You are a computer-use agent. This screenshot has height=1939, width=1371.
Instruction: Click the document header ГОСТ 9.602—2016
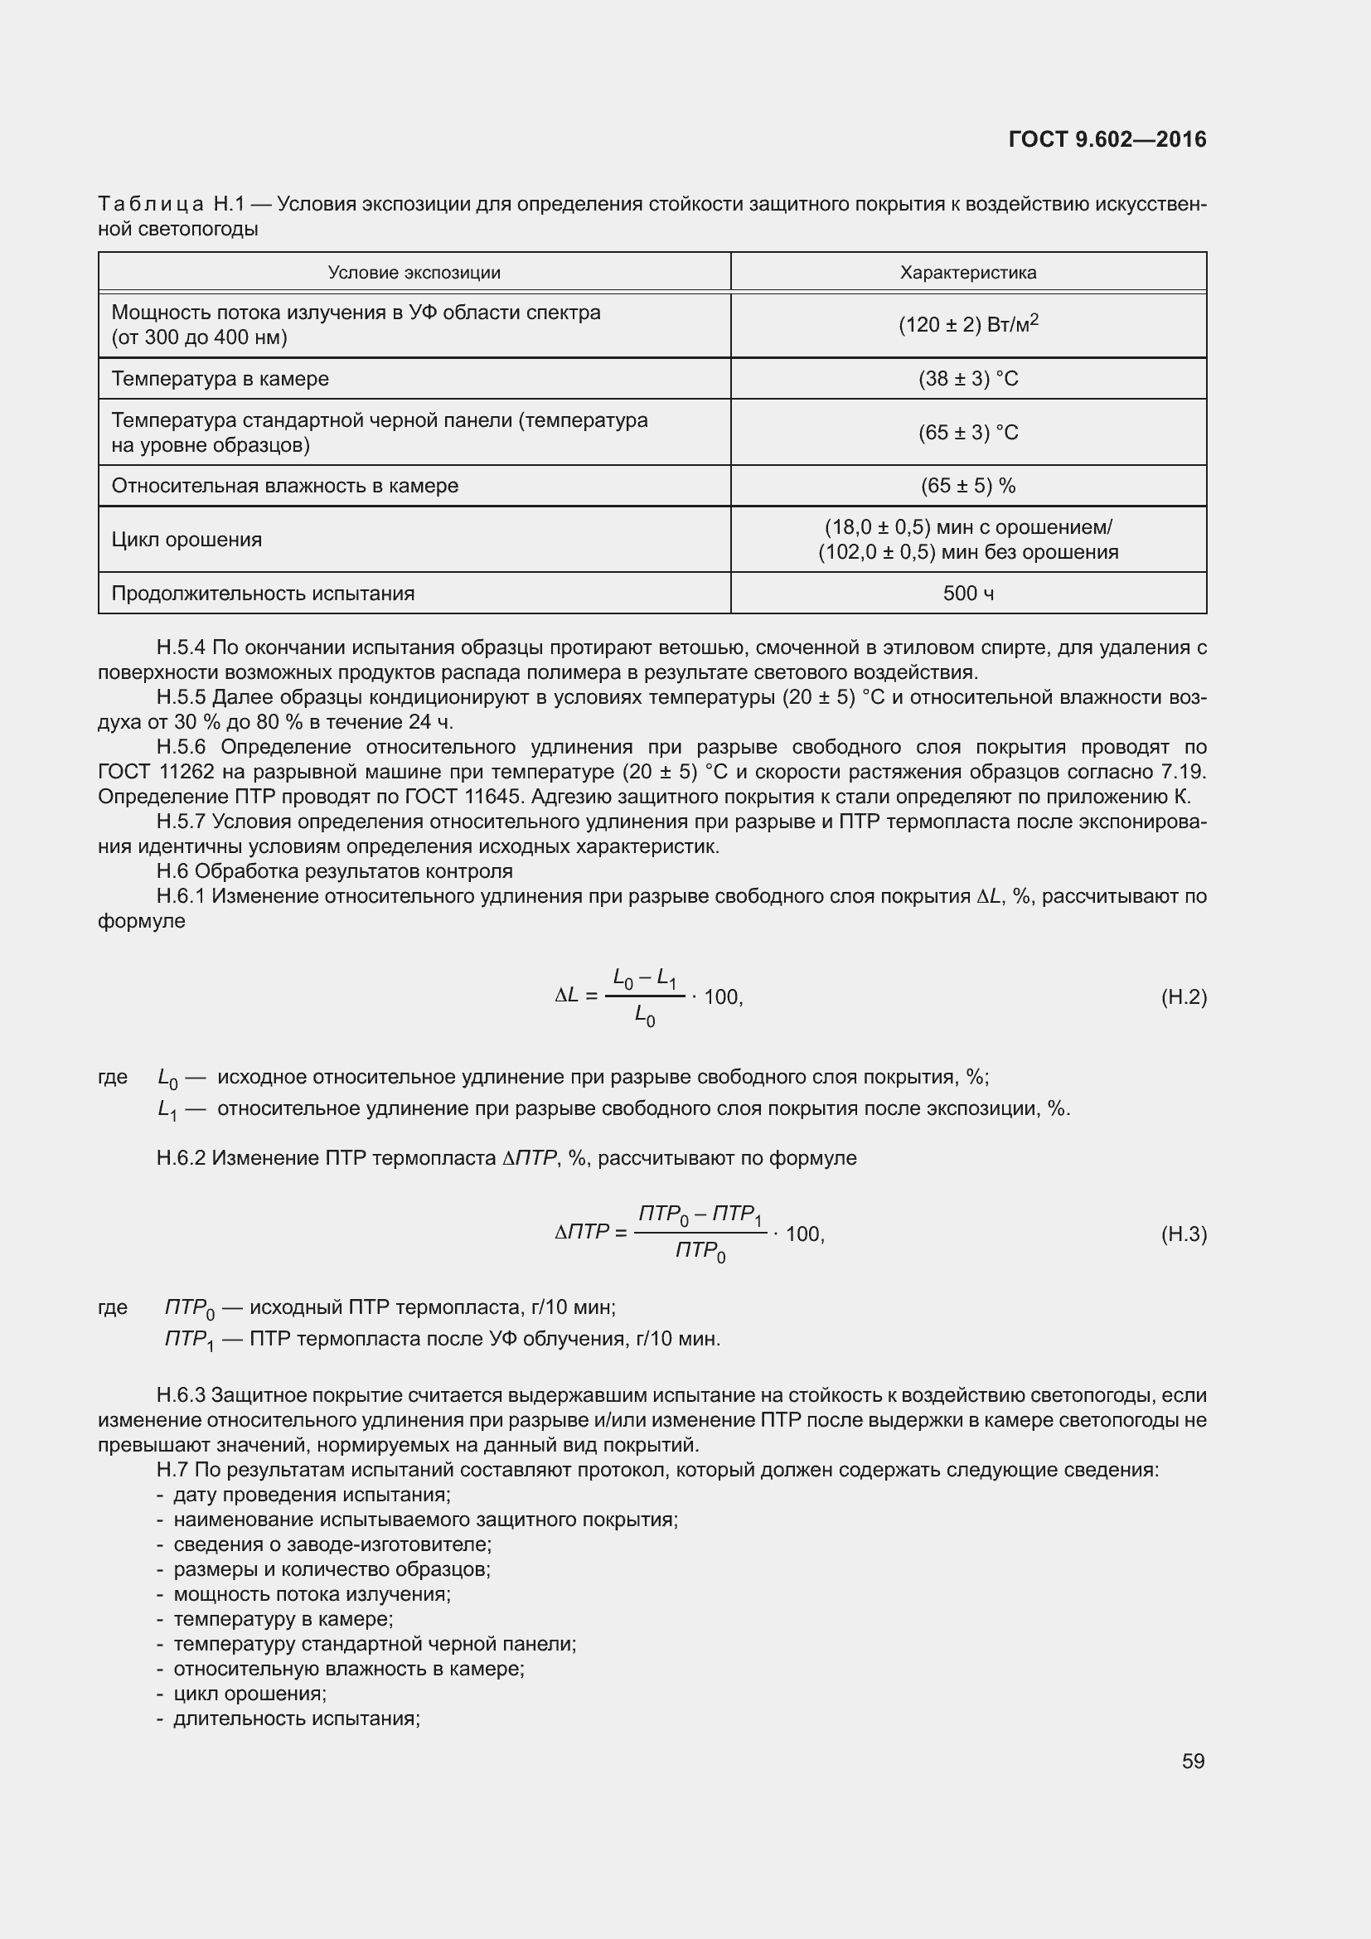[1107, 139]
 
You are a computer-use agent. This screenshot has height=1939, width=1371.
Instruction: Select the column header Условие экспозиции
[414, 273]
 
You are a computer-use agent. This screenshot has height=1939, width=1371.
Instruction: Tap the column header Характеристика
[967, 273]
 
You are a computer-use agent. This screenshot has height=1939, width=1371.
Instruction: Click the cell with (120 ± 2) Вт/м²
[967, 325]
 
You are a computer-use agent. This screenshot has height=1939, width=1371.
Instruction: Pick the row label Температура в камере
[220, 378]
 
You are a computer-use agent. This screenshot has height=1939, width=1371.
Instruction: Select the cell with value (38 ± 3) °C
[967, 378]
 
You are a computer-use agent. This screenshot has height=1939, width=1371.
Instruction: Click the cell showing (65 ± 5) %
[967, 486]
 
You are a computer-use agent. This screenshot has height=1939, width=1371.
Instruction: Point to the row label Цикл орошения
[187, 539]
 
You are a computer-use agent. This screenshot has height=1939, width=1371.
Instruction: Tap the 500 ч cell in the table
[967, 593]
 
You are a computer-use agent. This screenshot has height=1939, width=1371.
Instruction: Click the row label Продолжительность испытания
[263, 593]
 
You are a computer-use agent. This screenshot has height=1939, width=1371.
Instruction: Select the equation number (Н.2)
[1184, 996]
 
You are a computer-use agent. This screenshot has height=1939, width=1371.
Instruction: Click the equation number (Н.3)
[1184, 1234]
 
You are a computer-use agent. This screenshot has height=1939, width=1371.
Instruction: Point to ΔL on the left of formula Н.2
[566, 996]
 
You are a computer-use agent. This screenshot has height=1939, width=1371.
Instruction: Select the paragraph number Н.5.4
[181, 647]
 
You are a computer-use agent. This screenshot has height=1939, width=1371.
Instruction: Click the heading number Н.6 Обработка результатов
[174, 870]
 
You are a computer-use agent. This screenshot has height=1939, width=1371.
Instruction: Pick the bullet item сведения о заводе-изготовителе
[332, 1544]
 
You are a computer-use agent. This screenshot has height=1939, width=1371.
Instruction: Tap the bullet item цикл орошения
[249, 1694]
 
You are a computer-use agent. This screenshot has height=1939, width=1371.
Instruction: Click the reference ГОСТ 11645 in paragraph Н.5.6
[453, 797]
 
